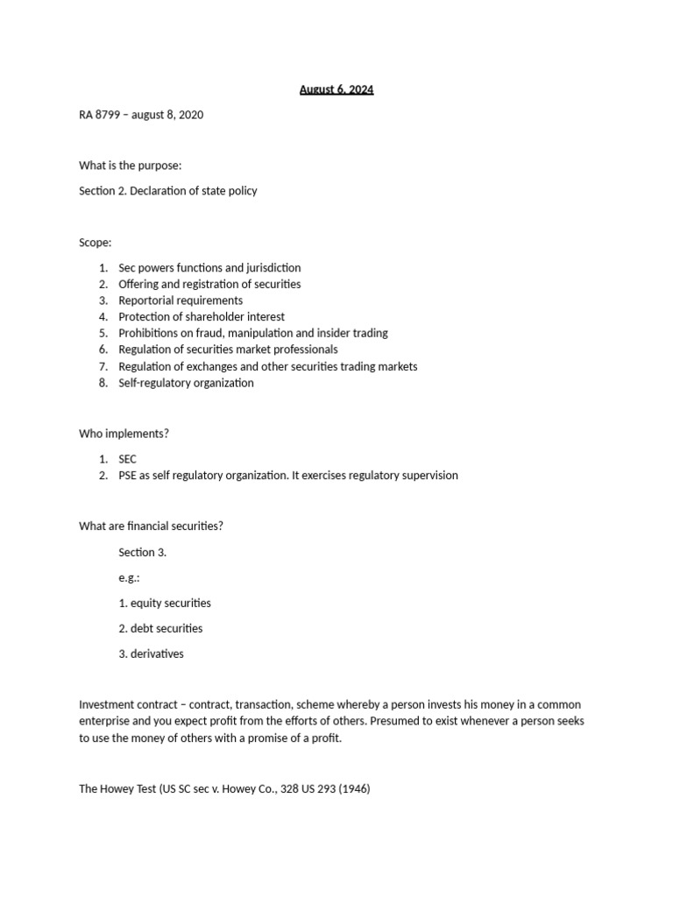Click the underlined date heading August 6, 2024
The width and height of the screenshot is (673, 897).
(336, 89)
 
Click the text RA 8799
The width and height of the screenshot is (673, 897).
(98, 115)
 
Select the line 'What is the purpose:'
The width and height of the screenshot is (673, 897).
(131, 166)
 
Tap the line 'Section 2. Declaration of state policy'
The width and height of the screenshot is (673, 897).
(168, 190)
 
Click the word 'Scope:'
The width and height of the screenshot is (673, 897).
(96, 242)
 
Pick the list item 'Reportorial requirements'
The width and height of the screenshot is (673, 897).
(181, 300)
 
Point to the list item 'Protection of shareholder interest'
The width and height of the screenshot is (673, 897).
(202, 316)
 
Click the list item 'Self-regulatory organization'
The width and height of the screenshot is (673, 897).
(186, 383)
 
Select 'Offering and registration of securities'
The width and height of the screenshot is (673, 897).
(209, 284)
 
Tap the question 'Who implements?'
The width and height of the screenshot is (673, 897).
(124, 434)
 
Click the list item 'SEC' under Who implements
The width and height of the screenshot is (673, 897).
(128, 459)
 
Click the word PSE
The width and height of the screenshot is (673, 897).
(128, 476)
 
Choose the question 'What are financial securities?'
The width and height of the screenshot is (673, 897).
(152, 526)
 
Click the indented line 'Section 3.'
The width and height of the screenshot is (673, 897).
(143, 552)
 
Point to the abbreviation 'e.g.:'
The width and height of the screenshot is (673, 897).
(130, 577)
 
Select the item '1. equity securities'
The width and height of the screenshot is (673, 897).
(165, 603)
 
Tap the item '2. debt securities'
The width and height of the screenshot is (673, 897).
(160, 628)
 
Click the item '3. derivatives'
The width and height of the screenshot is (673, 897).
(151, 653)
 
